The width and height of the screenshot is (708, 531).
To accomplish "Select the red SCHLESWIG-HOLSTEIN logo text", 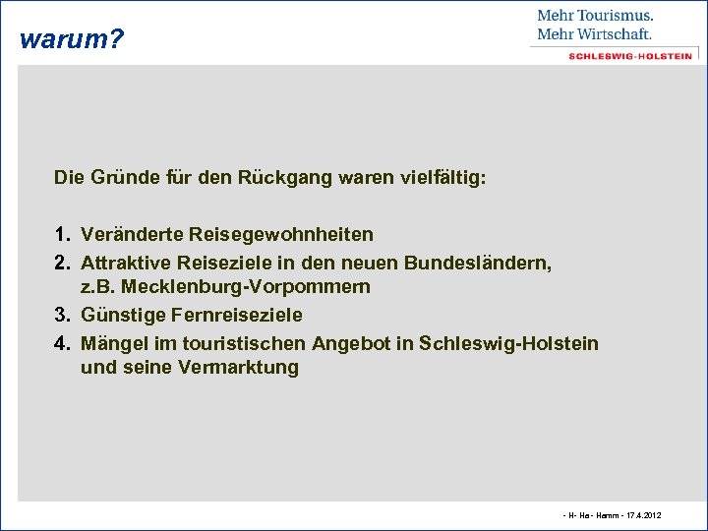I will [629, 56].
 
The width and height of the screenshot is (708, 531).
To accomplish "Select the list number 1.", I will [61, 235].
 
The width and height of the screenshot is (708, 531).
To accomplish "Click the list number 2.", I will [61, 264].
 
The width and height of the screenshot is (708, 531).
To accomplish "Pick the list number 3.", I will [61, 316].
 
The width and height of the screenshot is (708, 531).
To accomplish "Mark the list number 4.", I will [61, 343].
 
